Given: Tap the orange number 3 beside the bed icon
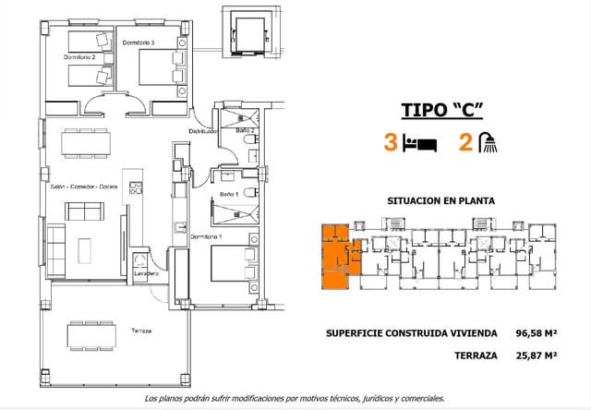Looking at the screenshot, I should coord(392,144).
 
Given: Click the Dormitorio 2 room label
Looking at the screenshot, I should coord(79,57).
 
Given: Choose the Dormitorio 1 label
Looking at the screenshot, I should coord(207,237).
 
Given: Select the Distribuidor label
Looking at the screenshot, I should coord(202,131).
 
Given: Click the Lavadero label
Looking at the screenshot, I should coord(145,273).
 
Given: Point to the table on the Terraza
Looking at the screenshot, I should coord(91,332).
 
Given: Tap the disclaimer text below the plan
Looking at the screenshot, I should coord(295,398).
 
